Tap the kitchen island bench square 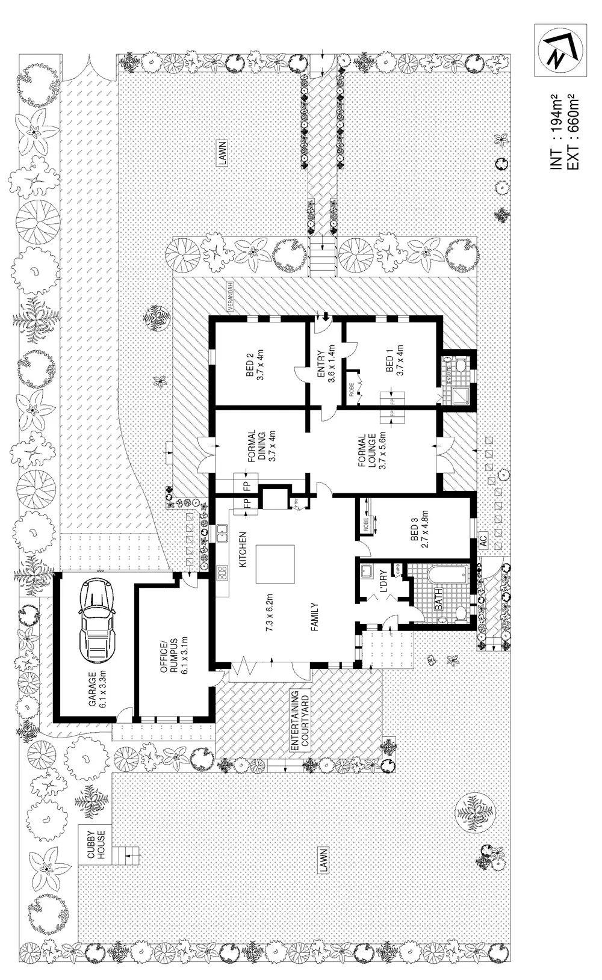[275, 564]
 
